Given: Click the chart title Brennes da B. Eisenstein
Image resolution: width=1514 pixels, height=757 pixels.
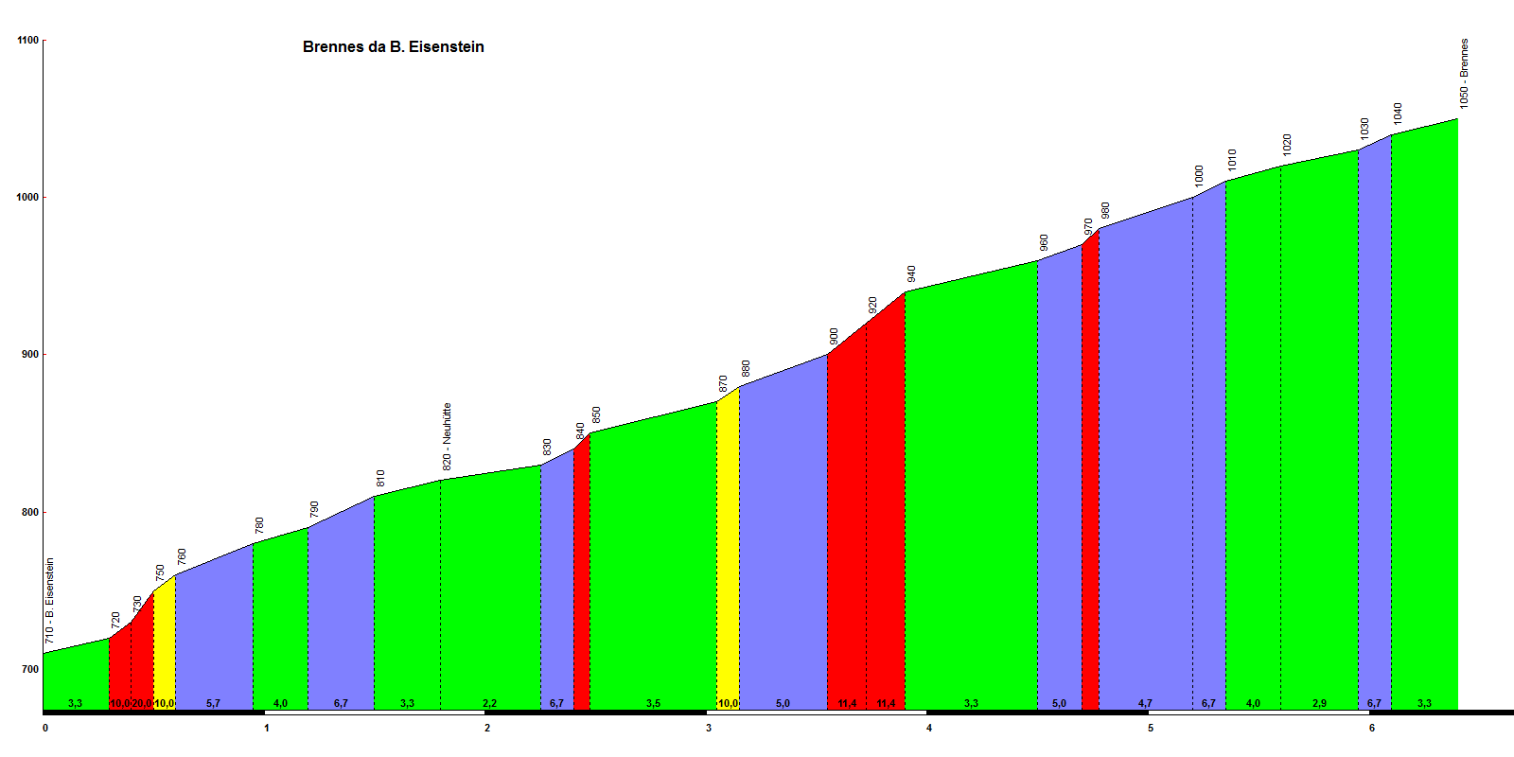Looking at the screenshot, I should (x=393, y=47).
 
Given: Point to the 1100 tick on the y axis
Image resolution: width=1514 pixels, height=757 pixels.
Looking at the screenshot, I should (x=28, y=41).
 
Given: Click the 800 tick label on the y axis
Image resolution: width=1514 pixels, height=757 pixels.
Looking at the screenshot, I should (x=28, y=513).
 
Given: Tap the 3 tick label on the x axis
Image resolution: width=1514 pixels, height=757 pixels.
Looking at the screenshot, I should (x=709, y=728).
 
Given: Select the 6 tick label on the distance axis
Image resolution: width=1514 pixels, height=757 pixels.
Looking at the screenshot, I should (x=1372, y=728).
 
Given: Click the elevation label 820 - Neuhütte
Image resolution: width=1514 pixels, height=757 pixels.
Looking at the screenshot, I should (x=447, y=437).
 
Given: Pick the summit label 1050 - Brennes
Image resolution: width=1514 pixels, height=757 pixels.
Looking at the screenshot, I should (x=1464, y=74).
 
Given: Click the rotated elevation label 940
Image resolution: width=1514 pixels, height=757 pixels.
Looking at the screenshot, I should (x=911, y=273).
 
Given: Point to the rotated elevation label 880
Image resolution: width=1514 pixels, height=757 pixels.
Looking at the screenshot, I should (x=746, y=368).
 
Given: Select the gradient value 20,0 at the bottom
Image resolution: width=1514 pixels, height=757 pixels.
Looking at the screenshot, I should (x=142, y=704).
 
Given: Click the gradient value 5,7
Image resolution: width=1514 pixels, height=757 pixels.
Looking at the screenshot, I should (x=213, y=704).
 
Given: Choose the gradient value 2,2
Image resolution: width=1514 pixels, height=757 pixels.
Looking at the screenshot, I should (x=489, y=704).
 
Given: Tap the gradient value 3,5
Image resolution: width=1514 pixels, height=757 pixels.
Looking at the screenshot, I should (x=653, y=704).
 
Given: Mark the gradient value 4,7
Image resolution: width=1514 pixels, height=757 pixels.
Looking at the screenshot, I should (x=1145, y=704).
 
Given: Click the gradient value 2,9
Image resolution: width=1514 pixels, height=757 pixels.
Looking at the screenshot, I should (x=1319, y=704).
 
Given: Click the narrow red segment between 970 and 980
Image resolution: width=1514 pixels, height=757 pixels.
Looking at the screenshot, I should (x=1090, y=473).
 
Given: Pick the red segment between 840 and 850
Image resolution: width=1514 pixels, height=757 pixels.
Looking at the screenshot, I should (x=582, y=568).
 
